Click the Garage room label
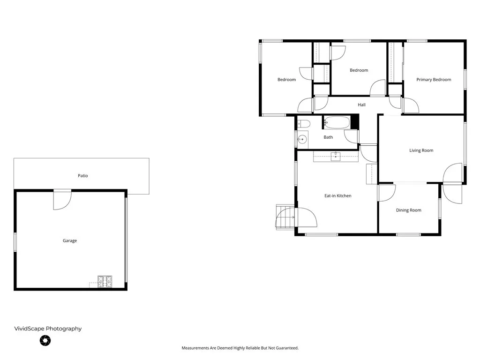point(70,240)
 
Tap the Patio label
point(82,176)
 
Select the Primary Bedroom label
point(434,80)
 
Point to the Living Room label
point(421,150)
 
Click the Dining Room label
point(408,210)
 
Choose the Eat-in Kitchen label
point(337,195)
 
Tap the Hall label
point(361,105)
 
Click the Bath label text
point(328,137)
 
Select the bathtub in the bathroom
point(337,123)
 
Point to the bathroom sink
point(302,139)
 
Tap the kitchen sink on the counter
point(335,156)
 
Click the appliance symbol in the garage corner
point(105,281)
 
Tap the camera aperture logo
point(45,341)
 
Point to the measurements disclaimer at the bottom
point(240,348)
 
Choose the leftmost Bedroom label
point(286,80)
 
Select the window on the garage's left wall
point(15,242)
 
